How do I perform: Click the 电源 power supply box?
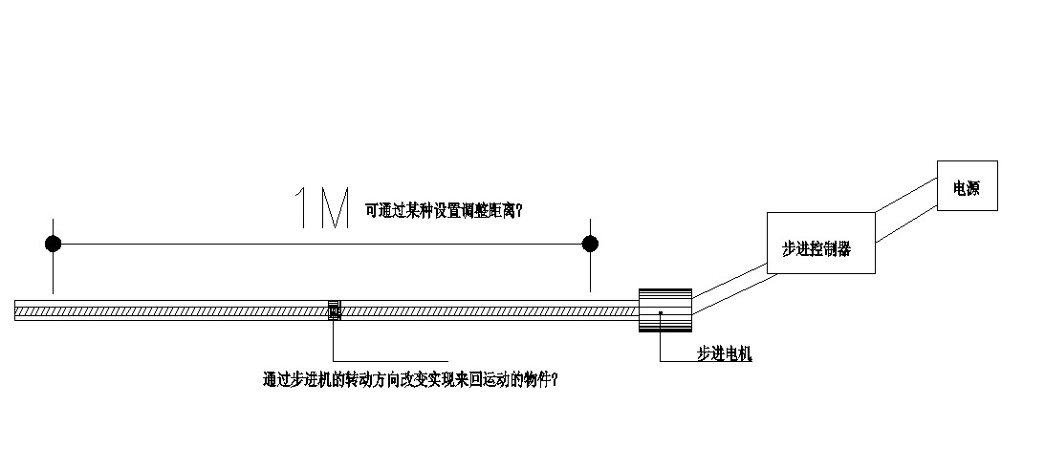coord(967,185)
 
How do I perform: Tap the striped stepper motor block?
coord(665,310)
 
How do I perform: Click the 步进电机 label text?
coord(724,354)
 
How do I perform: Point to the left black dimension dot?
coord(54,244)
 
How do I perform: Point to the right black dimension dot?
coord(590,244)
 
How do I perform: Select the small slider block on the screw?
coord(334,310)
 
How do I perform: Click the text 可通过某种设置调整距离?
coord(443,211)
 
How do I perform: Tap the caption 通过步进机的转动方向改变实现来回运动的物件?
coord(410,379)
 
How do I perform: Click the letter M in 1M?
coord(334,208)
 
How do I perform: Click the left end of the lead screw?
coord(18,310)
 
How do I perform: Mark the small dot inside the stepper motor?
coord(660,311)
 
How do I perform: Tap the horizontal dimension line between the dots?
coord(321,244)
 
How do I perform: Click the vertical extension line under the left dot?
coord(54,273)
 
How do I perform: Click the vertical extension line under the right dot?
coord(590,273)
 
